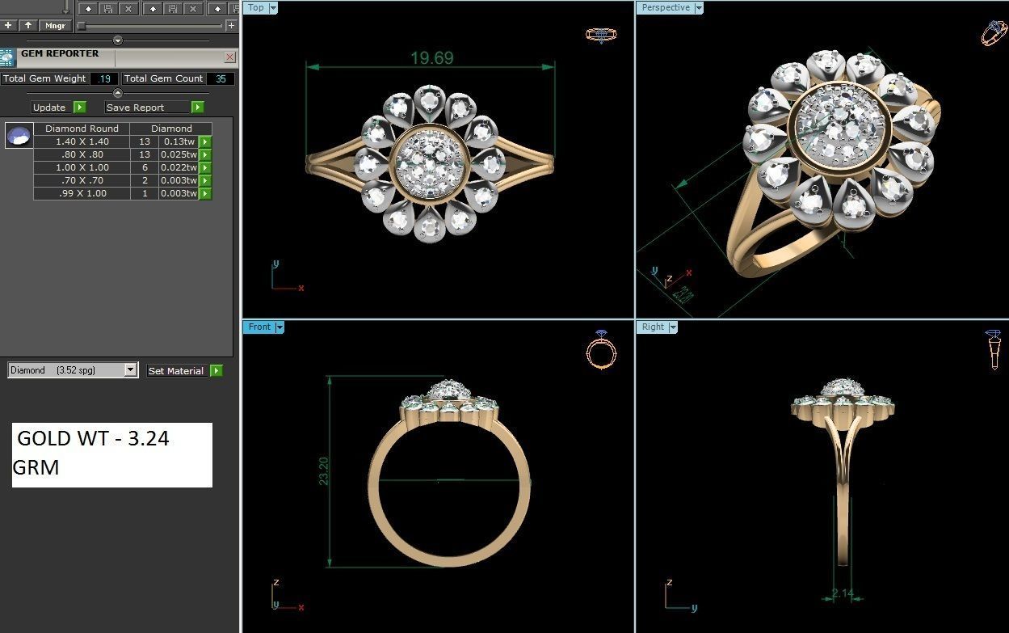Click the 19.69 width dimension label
click(x=431, y=58)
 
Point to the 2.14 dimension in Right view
click(x=843, y=593)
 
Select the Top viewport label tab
click(x=256, y=7)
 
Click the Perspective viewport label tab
click(x=666, y=7)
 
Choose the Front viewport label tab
click(x=259, y=327)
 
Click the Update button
click(x=49, y=107)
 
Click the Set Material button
click(x=175, y=370)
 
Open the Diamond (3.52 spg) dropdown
click(x=130, y=370)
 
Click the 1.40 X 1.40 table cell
click(x=82, y=141)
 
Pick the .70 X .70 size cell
click(x=82, y=180)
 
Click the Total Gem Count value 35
click(x=220, y=78)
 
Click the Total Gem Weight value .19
click(x=103, y=78)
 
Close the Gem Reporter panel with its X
click(x=229, y=57)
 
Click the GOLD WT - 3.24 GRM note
click(x=111, y=454)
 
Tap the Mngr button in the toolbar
click(x=55, y=25)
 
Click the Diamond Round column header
click(x=82, y=129)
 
